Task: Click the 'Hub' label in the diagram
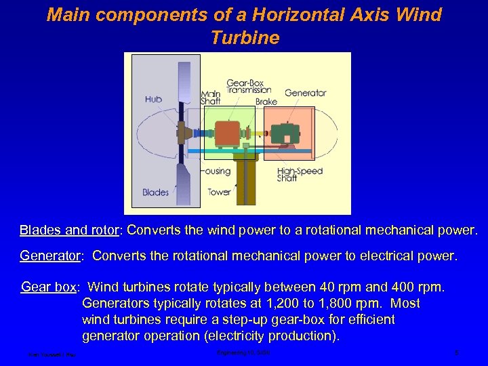pos(154,99)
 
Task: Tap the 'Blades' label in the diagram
pos(155,192)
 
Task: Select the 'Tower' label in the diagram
pos(219,192)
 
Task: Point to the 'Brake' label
pos(266,102)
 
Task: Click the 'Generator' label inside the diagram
pos(306,93)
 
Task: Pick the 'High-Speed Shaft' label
pos(300,176)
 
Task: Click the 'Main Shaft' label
pos(210,98)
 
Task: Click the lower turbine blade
pos(184,181)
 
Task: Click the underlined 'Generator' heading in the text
pos(51,256)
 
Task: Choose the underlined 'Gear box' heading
pos(49,287)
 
